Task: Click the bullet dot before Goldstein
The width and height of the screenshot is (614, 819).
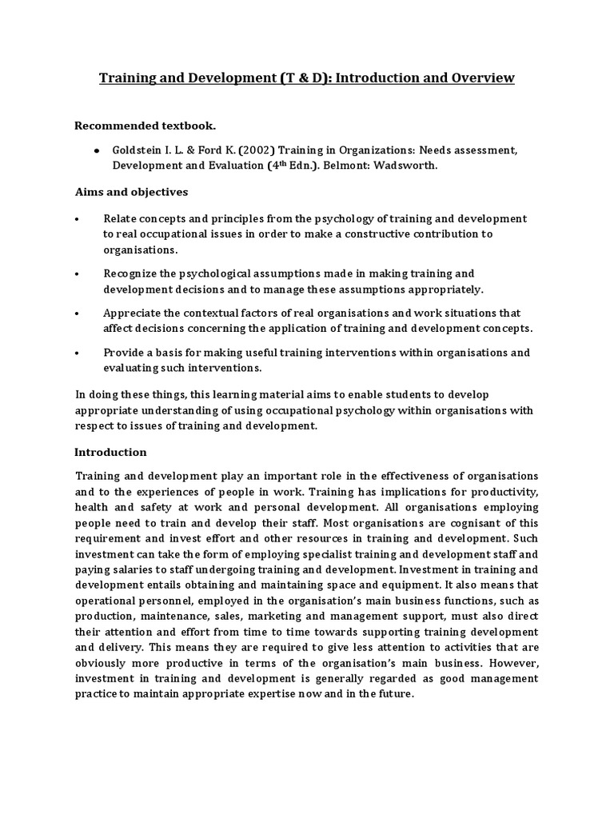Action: pos(97,150)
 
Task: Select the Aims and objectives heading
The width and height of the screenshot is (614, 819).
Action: pos(131,193)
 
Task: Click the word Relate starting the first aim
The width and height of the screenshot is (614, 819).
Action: pos(120,218)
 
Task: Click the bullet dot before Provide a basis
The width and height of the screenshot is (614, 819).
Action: pos(78,353)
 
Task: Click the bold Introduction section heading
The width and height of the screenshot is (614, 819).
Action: pos(110,452)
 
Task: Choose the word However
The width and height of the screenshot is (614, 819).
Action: pos(512,663)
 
